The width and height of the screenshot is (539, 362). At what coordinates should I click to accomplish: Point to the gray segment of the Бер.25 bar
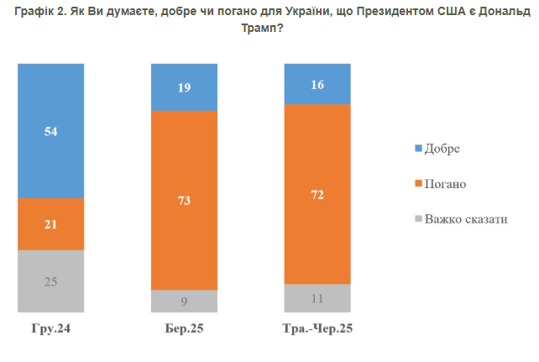point(184,302)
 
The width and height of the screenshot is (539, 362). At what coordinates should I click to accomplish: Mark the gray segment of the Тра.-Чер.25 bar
point(317,298)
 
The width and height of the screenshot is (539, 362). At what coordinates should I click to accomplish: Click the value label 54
point(51,131)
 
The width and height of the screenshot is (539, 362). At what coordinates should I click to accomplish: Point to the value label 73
point(184,200)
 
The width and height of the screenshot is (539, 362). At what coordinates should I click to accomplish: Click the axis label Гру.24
point(51,328)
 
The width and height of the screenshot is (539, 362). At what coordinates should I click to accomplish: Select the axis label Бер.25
point(184,328)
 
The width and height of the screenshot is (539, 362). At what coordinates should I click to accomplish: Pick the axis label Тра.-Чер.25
point(317,328)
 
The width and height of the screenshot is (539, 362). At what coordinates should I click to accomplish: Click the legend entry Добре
point(443,148)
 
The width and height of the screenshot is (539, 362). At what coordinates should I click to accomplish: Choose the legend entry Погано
point(445,183)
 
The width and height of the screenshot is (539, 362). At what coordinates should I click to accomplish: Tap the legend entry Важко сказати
point(465,219)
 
